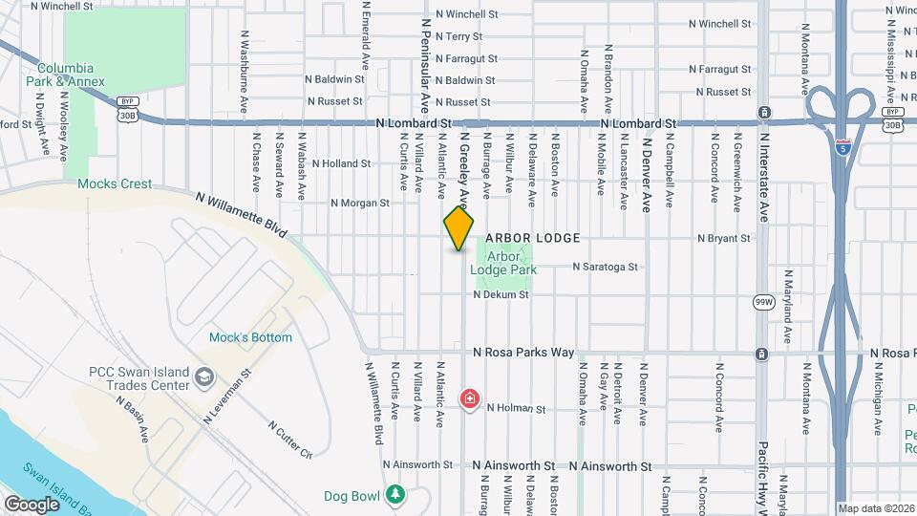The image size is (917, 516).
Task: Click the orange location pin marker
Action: pos(459,228)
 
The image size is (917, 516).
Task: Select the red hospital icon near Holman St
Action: pos(470,398)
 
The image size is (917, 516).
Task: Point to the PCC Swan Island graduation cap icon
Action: pos(203,377)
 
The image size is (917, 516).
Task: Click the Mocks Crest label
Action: pos(115,183)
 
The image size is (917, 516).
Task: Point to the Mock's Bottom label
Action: pos(251,337)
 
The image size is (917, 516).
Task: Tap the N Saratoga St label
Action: pos(605,267)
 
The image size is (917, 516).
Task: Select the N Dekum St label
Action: pos(501,295)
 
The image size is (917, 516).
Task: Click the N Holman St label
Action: pos(516,408)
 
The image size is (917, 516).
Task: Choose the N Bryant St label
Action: pos(724,238)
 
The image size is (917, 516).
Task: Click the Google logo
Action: pos(32,504)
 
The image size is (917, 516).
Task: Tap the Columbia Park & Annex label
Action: pos(66,75)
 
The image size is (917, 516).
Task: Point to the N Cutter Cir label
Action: pos(290,438)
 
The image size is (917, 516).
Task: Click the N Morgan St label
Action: pos(360,203)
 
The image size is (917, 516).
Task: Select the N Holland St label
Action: pos(340,163)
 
